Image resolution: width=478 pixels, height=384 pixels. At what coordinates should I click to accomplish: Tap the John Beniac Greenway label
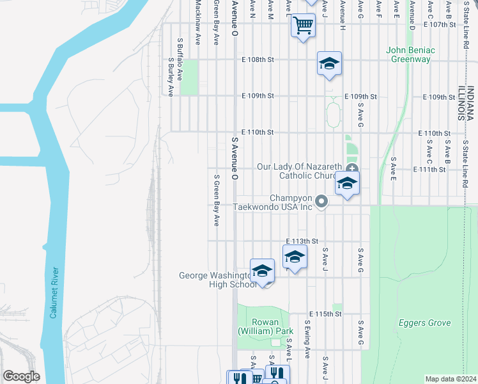410,54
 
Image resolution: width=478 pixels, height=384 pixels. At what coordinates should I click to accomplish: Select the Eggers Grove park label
424,323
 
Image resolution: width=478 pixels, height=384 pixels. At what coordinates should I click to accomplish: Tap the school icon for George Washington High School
262,271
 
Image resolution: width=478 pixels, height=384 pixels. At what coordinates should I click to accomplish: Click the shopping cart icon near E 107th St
303,26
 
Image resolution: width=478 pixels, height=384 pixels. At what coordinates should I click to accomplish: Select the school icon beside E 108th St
329,63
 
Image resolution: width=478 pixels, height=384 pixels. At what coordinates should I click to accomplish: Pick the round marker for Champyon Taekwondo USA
322,202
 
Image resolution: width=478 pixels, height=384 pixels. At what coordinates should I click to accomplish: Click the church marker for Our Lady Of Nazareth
351,168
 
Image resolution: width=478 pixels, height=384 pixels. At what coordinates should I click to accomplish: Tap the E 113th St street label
302,241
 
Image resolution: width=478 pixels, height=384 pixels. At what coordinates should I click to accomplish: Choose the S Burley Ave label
171,77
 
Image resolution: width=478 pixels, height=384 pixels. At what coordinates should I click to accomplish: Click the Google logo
21,376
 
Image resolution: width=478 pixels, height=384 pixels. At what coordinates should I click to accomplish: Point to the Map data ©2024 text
451,379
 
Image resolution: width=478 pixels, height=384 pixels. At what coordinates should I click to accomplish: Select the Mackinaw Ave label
198,22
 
